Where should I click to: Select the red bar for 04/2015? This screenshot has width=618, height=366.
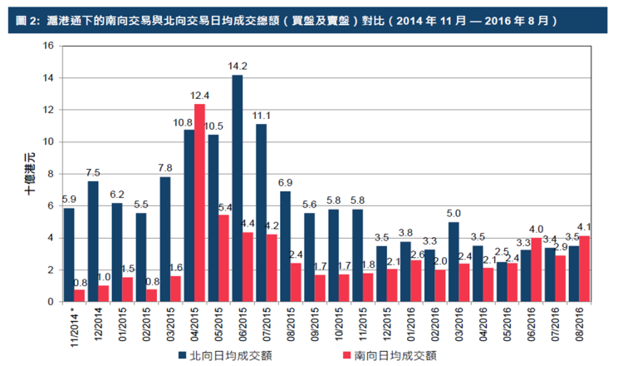click(199, 203)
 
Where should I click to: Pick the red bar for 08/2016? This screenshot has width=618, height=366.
click(585, 269)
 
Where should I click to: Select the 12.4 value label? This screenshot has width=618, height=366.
click(199, 96)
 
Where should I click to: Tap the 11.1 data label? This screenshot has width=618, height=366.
click(262, 116)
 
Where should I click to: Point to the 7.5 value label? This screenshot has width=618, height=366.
click(93, 173)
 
